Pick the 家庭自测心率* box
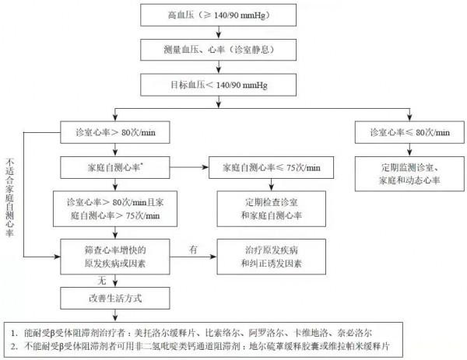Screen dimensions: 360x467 [114, 167]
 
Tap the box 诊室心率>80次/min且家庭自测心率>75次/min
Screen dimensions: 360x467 [114, 207]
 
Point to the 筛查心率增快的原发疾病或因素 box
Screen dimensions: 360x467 [114, 256]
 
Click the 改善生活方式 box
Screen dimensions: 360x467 [114, 297]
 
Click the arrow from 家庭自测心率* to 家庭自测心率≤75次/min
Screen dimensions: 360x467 [190, 167]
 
